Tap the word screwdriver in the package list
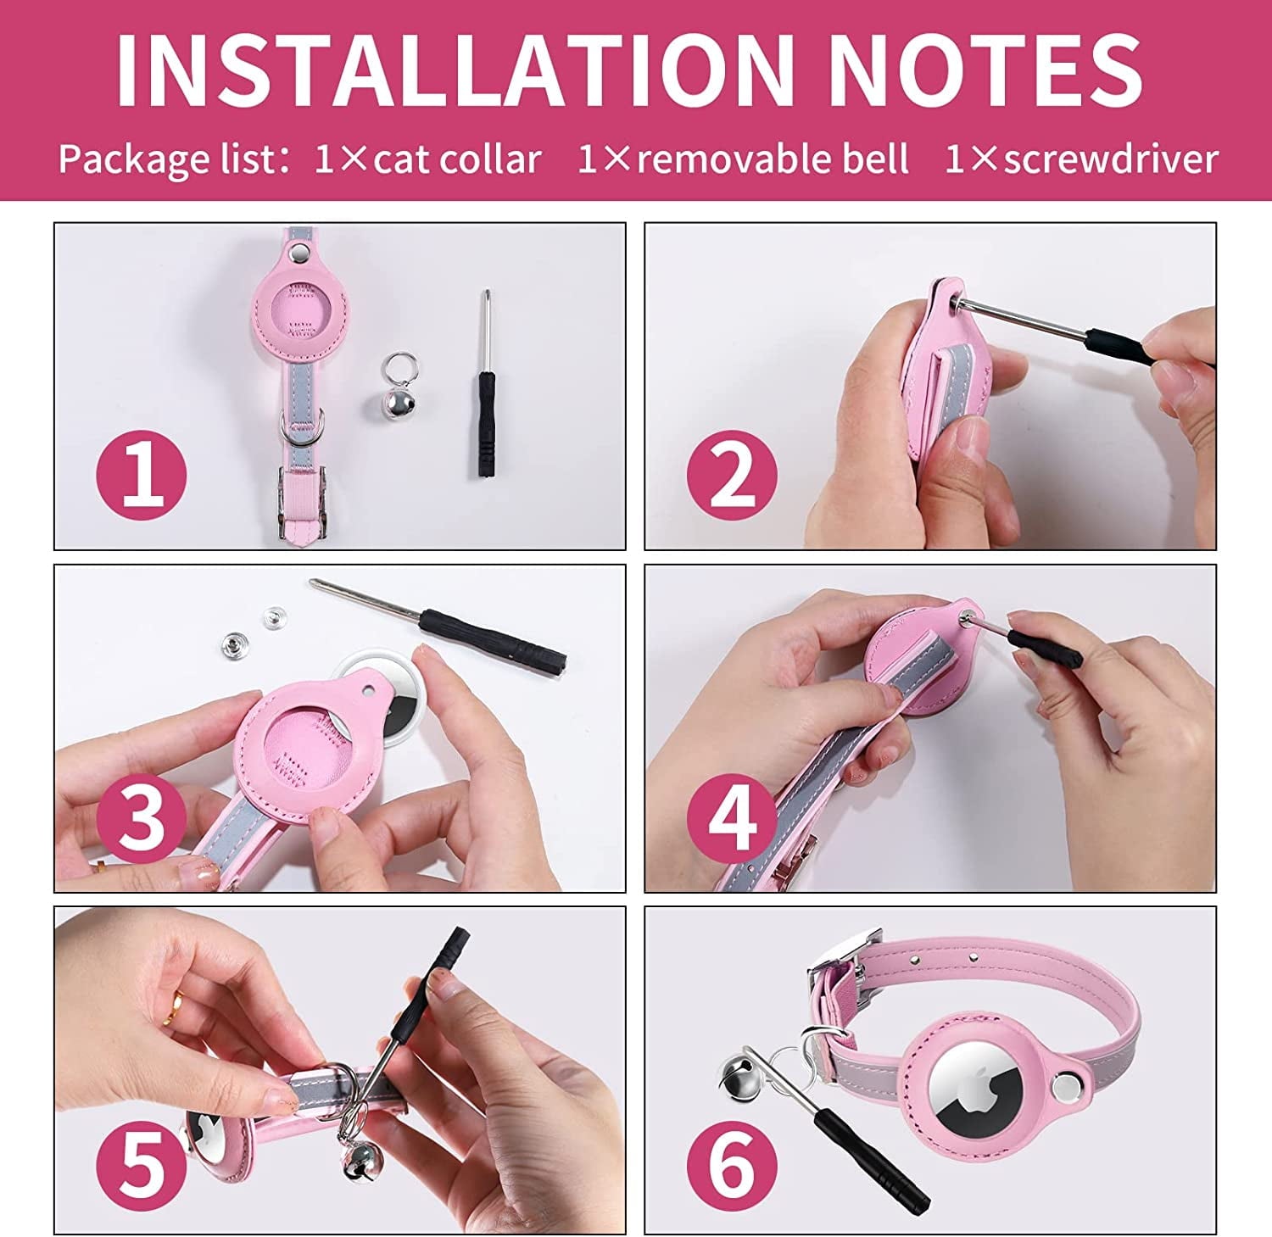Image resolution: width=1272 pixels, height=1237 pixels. coord(1111,159)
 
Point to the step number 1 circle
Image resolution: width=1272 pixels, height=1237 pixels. coord(142,474)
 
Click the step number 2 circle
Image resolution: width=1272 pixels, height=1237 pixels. coord(732,474)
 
